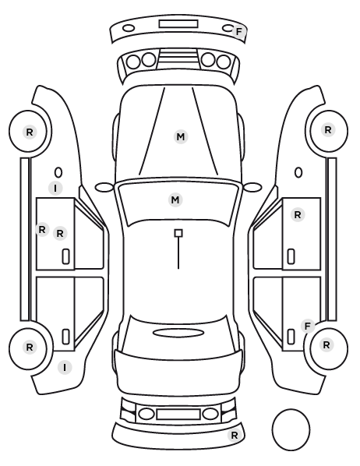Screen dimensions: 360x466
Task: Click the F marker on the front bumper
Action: pyautogui.click(x=238, y=31)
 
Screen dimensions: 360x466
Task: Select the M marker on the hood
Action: pyautogui.click(x=181, y=136)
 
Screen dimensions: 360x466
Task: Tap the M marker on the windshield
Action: pyautogui.click(x=175, y=199)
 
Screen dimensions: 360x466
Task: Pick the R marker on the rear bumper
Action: pyautogui.click(x=235, y=436)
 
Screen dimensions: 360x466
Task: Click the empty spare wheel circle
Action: pyautogui.click(x=291, y=429)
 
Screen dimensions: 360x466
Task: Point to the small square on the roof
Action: pyautogui.click(x=178, y=233)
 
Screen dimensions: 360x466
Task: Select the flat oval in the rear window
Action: pyautogui.click(x=178, y=334)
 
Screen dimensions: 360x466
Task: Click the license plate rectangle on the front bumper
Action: pyautogui.click(x=178, y=24)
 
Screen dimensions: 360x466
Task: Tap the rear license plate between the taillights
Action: pyautogui.click(x=178, y=414)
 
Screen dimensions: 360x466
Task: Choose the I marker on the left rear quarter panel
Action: pyautogui.click(x=65, y=368)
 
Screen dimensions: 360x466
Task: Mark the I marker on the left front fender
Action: pyautogui.click(x=55, y=188)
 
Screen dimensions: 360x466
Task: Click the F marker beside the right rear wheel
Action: pyautogui.click(x=308, y=326)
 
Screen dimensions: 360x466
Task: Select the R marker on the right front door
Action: pyautogui.click(x=298, y=214)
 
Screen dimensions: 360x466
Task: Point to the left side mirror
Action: pyautogui.click(x=104, y=187)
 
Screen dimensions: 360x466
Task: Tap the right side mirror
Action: pyautogui.click(x=252, y=187)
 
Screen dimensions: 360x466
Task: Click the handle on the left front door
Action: pyautogui.click(x=65, y=256)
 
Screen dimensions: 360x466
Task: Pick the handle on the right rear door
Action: pyautogui.click(x=291, y=337)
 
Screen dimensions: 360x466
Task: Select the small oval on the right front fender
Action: pyautogui.click(x=298, y=173)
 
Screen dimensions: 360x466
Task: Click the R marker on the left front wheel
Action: pyautogui.click(x=30, y=132)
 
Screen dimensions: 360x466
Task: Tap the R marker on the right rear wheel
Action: pyautogui.click(x=326, y=344)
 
